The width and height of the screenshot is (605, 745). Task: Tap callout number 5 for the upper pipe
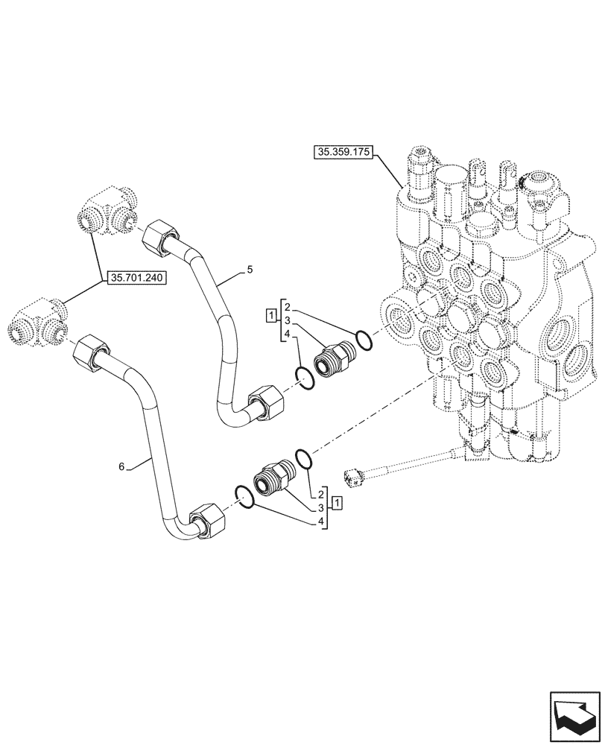(x=250, y=270)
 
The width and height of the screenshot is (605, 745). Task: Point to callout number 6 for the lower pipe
(x=121, y=466)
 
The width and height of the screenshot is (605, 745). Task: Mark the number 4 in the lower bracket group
(x=320, y=521)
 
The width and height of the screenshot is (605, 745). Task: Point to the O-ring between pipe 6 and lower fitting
(x=245, y=495)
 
